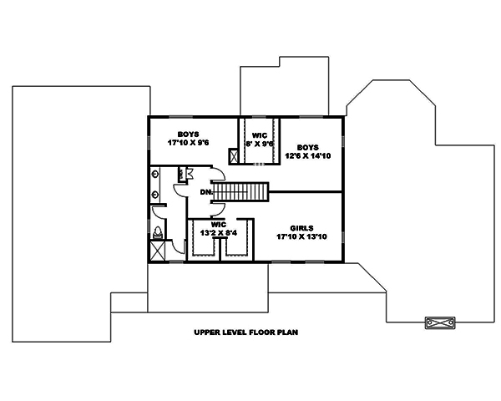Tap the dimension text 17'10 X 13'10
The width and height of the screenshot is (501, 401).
[301, 236]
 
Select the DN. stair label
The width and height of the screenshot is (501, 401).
[205, 192]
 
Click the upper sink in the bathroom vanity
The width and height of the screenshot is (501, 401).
[156, 175]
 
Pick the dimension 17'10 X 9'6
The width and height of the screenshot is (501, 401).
[187, 142]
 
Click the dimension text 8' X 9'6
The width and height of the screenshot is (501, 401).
[260, 144]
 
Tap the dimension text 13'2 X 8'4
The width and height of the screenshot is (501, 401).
[218, 233]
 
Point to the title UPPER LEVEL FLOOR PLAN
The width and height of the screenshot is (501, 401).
[245, 332]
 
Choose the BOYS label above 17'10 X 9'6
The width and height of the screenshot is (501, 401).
[187, 133]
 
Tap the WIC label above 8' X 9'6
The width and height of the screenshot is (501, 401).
[260, 135]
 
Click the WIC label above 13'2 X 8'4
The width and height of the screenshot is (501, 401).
[218, 224]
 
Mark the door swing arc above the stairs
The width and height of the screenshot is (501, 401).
[217, 175]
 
